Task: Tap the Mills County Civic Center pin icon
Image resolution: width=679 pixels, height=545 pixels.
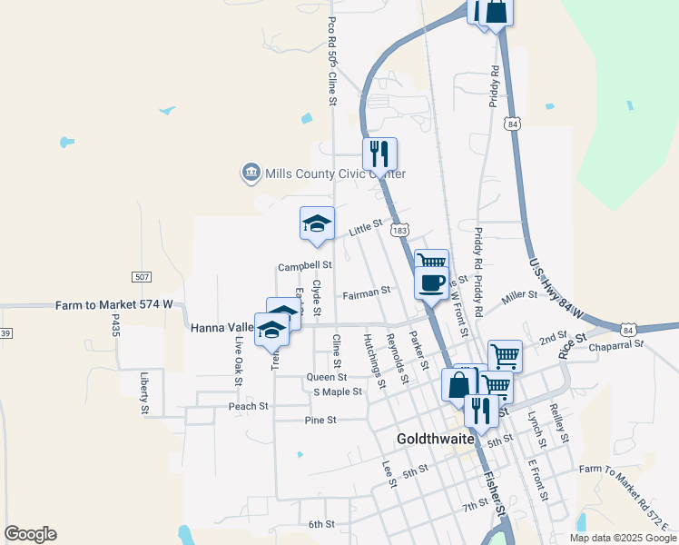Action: point(251,173)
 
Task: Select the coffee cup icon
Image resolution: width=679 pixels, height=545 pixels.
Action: point(432,282)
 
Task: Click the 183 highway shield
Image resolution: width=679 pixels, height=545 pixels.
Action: point(400,231)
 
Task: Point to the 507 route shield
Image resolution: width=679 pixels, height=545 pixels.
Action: point(141,276)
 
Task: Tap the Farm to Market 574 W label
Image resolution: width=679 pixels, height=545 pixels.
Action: point(113,306)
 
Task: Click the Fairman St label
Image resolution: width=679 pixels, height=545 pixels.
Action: point(366,292)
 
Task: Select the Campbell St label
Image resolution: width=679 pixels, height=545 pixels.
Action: point(305,266)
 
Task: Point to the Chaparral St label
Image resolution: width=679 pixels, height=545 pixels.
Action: point(615,344)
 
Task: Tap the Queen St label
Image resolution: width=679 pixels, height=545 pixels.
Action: point(327,377)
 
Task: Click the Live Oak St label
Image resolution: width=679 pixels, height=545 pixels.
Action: point(239,357)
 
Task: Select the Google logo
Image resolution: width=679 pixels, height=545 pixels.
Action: point(30,534)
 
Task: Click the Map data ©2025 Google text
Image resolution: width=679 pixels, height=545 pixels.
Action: point(623,538)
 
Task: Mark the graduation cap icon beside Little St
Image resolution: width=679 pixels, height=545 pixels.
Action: point(318,223)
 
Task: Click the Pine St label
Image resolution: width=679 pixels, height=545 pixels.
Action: point(320,421)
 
